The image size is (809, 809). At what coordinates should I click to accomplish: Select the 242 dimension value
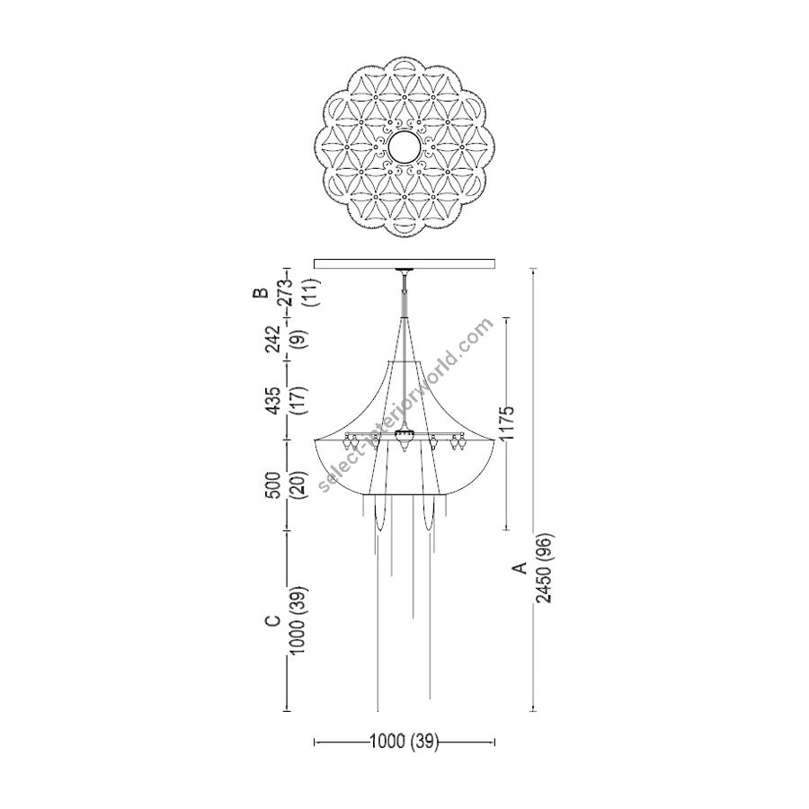(272, 339)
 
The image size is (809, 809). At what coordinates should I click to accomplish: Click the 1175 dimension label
(508, 422)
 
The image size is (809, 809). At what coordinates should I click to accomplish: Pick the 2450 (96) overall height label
(544, 567)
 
